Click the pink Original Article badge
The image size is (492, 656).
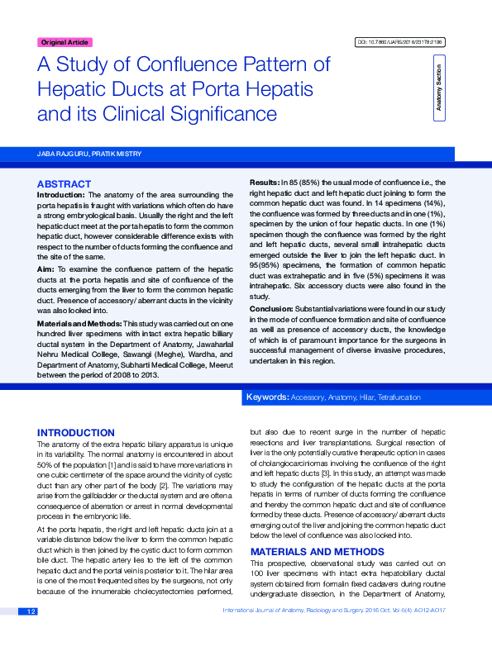point(64,42)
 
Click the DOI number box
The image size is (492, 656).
point(399,42)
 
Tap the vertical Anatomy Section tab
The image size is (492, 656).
point(438,88)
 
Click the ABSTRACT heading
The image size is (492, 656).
point(64,183)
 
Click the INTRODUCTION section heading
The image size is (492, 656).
point(76,433)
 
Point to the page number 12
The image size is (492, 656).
point(31,635)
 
